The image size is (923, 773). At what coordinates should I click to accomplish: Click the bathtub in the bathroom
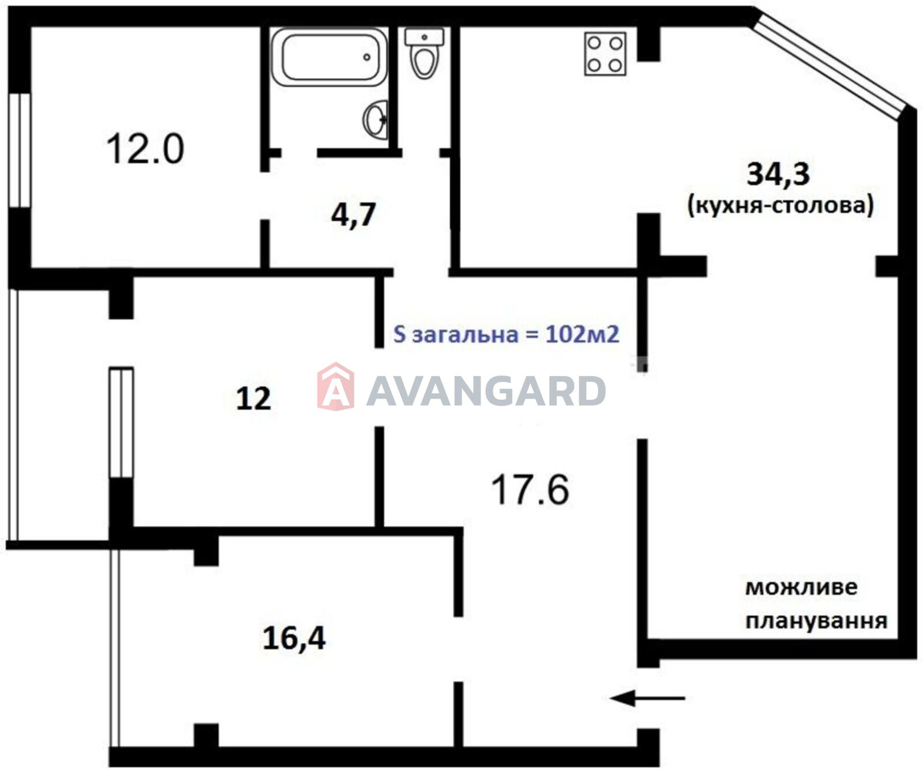329,57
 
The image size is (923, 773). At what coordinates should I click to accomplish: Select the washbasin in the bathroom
376,119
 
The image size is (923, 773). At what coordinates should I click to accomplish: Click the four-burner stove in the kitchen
605,54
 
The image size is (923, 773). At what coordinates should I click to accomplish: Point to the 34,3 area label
778,174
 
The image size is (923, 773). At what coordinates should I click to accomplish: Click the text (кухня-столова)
781,205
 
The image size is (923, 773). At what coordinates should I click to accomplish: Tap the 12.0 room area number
145,148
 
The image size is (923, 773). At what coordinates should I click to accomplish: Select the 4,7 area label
353,215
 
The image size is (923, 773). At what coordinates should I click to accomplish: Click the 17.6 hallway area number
530,489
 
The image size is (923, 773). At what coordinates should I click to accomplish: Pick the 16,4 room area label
294,638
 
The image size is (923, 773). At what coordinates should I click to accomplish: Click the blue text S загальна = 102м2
506,334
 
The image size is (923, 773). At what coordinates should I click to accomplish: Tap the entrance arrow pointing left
648,699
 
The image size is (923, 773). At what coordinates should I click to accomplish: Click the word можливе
801,588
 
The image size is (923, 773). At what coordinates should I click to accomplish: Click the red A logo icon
335,386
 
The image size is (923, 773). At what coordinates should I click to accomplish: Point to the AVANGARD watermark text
486,391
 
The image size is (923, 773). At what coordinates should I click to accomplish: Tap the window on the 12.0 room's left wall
20,150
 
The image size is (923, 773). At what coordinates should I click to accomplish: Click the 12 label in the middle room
253,399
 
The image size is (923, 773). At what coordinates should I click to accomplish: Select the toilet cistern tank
425,37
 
